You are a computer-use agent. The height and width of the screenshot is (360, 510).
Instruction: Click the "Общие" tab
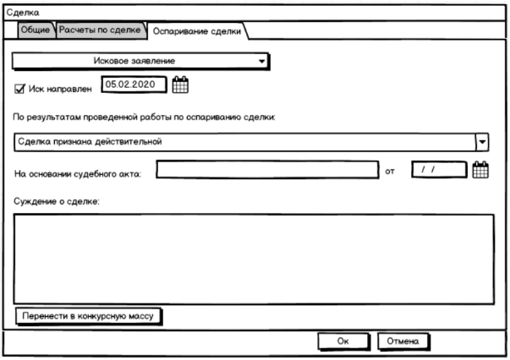pyautogui.click(x=36, y=30)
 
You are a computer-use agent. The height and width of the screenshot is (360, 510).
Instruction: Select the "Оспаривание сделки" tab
pyautogui.click(x=196, y=31)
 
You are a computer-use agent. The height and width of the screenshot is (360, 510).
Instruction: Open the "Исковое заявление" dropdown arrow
pyautogui.click(x=261, y=62)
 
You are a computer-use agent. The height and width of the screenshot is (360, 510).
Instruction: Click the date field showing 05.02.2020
pyautogui.click(x=133, y=84)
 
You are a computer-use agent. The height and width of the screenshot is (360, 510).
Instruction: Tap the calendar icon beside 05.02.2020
pyautogui.click(x=181, y=84)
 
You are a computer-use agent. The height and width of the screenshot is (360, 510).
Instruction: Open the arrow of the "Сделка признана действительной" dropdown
pyautogui.click(x=482, y=141)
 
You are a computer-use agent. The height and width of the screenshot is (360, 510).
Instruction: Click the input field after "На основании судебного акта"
pyautogui.click(x=266, y=170)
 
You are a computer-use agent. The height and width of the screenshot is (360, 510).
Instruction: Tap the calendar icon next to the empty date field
pyautogui.click(x=480, y=170)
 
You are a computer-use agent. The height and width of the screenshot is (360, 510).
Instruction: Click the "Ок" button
pyautogui.click(x=343, y=341)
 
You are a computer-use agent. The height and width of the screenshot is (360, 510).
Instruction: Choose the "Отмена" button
pyautogui.click(x=403, y=341)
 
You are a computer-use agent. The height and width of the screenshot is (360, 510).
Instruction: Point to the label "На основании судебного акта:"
pyautogui.click(x=79, y=174)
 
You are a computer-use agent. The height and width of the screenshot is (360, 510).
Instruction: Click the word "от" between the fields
pyautogui.click(x=390, y=173)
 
